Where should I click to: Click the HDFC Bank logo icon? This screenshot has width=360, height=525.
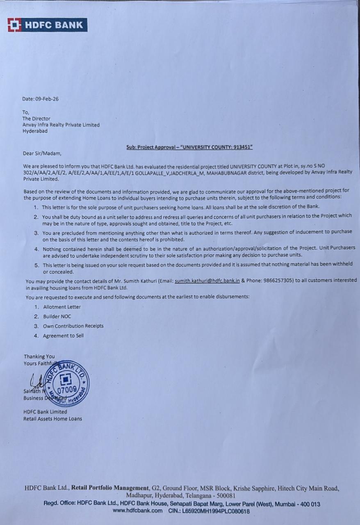click(14, 25)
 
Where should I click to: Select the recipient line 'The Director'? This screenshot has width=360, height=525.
click(36, 119)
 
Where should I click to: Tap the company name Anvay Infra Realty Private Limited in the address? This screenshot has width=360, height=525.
click(61, 125)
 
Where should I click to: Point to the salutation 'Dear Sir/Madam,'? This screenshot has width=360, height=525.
click(42, 154)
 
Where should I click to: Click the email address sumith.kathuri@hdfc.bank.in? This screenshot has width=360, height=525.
click(207, 281)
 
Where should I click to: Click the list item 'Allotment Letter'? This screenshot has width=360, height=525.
click(62, 307)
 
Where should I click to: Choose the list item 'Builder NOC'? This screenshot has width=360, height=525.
click(57, 316)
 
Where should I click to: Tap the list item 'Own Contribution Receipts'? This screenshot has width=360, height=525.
click(73, 326)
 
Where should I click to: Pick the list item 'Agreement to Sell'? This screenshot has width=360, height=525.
click(63, 336)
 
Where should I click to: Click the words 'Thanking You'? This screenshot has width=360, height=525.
click(39, 356)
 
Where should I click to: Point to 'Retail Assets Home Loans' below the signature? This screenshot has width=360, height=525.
click(52, 419)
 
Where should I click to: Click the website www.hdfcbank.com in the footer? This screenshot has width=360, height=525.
click(137, 511)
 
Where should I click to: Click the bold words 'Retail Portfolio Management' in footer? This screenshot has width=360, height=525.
click(110, 488)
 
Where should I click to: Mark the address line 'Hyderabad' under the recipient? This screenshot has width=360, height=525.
click(35, 131)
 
